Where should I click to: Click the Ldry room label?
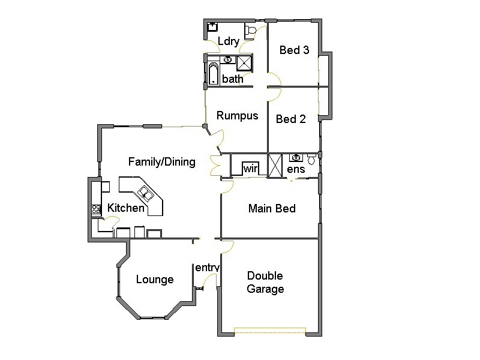229,42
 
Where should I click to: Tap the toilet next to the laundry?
251,31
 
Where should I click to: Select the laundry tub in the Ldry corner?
212,27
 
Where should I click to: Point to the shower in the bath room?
245,63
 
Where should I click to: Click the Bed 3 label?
294,50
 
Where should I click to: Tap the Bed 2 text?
290,119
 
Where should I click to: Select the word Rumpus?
237,116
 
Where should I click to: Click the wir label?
250,170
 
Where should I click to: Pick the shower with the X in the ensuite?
275,166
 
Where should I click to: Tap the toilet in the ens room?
311,160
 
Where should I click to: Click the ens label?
296,170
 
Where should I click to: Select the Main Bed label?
272,209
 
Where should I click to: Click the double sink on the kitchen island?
146,193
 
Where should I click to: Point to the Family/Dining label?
161,162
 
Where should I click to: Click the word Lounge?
154,280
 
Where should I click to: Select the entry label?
207,268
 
